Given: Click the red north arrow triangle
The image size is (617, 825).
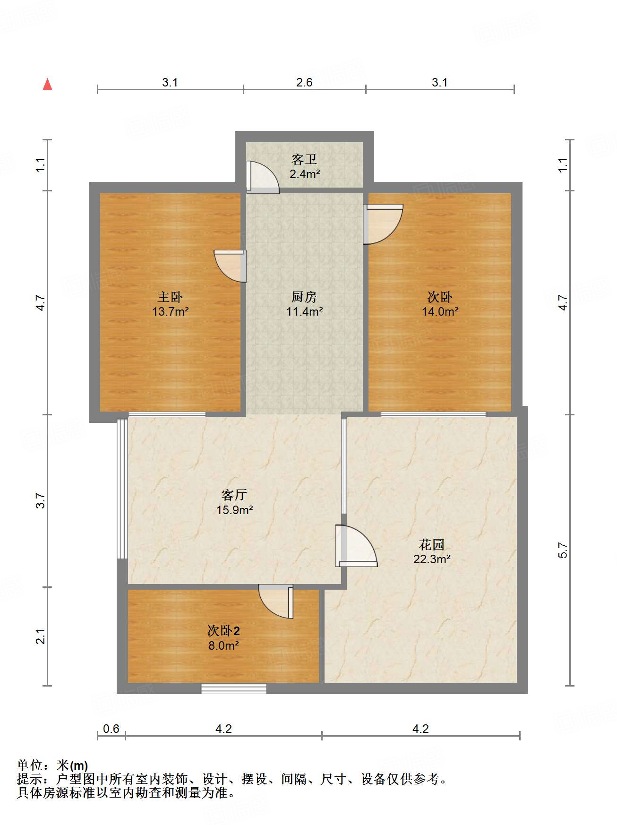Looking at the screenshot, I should pyautogui.click(x=47, y=85).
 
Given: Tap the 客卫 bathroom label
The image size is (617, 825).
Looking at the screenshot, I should pyautogui.click(x=304, y=160).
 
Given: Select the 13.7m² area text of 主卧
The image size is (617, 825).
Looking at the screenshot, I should pyautogui.click(x=171, y=311).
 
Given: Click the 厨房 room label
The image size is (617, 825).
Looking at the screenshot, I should pyautogui.click(x=304, y=297).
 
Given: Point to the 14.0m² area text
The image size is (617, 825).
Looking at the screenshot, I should pyautogui.click(x=440, y=311).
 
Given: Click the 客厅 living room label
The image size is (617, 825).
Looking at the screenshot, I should pyautogui.click(x=234, y=495).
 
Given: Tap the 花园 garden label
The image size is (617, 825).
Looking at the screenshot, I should pyautogui.click(x=432, y=545).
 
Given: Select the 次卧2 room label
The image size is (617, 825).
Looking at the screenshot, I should pyautogui.click(x=223, y=631).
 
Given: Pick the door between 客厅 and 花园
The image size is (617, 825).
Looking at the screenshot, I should pyautogui.click(x=356, y=547).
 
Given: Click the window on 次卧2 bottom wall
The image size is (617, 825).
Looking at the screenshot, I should pyautogui.click(x=234, y=688).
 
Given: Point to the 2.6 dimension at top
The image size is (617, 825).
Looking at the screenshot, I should pyautogui.click(x=304, y=83).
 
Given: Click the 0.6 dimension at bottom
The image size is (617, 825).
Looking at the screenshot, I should pyautogui.click(x=111, y=729).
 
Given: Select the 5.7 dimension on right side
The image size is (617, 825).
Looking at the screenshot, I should pyautogui.click(x=563, y=550).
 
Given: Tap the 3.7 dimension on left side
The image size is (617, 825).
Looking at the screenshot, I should pyautogui.click(x=41, y=500).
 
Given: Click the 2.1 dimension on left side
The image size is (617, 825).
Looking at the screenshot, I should pyautogui.click(x=41, y=636).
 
